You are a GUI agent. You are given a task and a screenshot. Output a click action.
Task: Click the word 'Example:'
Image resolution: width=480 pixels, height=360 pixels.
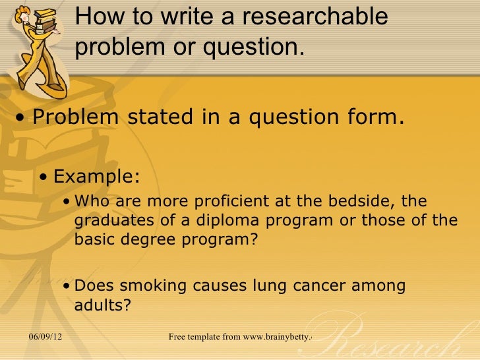96,176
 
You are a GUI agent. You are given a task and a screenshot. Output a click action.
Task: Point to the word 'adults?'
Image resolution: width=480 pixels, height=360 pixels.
104,305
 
